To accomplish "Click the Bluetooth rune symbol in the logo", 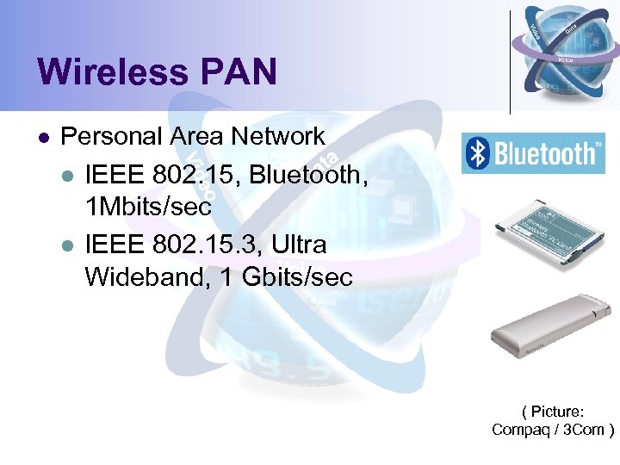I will click(x=476, y=153).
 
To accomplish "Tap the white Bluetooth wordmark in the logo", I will click(x=546, y=153).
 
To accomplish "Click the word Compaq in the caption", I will click(x=521, y=430).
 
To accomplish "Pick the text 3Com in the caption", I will click(x=587, y=430).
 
